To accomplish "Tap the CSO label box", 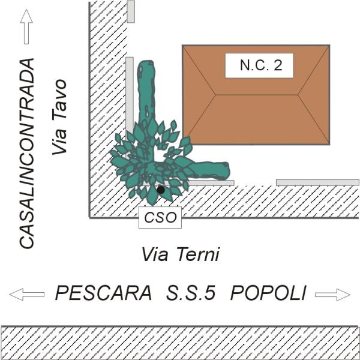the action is tap(160, 217).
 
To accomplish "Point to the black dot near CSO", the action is tap(161, 190).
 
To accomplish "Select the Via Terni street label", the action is tap(180, 254).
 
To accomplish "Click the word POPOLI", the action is tap(269, 293).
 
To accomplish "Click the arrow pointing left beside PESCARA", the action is tap(27, 294).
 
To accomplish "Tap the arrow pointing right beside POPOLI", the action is tap(332, 294).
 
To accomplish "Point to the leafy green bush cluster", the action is tap(150, 161).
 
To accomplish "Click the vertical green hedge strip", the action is tap(146, 90).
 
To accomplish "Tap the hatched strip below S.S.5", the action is tap(180, 342).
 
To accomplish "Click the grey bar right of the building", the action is tap(317, 182).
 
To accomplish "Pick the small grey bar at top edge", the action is tap(131, 11).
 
